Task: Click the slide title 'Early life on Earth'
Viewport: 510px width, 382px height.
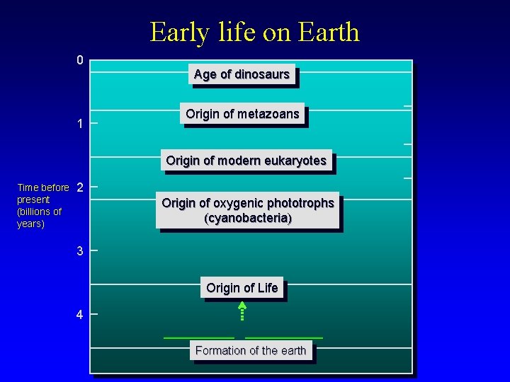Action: [x=254, y=32]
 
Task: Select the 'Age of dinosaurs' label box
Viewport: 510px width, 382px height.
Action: [x=242, y=74]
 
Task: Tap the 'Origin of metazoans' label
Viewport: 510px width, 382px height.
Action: [x=242, y=114]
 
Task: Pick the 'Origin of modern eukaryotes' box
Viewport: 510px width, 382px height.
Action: [x=246, y=161]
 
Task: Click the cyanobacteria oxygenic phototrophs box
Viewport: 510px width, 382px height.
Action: [x=247, y=211]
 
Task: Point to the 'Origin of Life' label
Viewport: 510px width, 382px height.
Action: [x=242, y=288]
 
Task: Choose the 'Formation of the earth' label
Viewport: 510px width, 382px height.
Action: [x=251, y=350]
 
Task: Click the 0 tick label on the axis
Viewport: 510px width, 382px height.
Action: [x=80, y=60]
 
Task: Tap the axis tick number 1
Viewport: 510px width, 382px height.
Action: [x=80, y=125]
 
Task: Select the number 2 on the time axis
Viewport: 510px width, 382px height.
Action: [x=80, y=188]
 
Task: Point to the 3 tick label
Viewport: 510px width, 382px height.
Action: [x=80, y=251]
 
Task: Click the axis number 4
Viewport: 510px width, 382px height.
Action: [x=80, y=316]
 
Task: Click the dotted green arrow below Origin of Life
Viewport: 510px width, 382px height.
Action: [x=242, y=312]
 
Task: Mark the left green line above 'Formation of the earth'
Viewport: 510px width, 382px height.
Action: [x=199, y=338]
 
